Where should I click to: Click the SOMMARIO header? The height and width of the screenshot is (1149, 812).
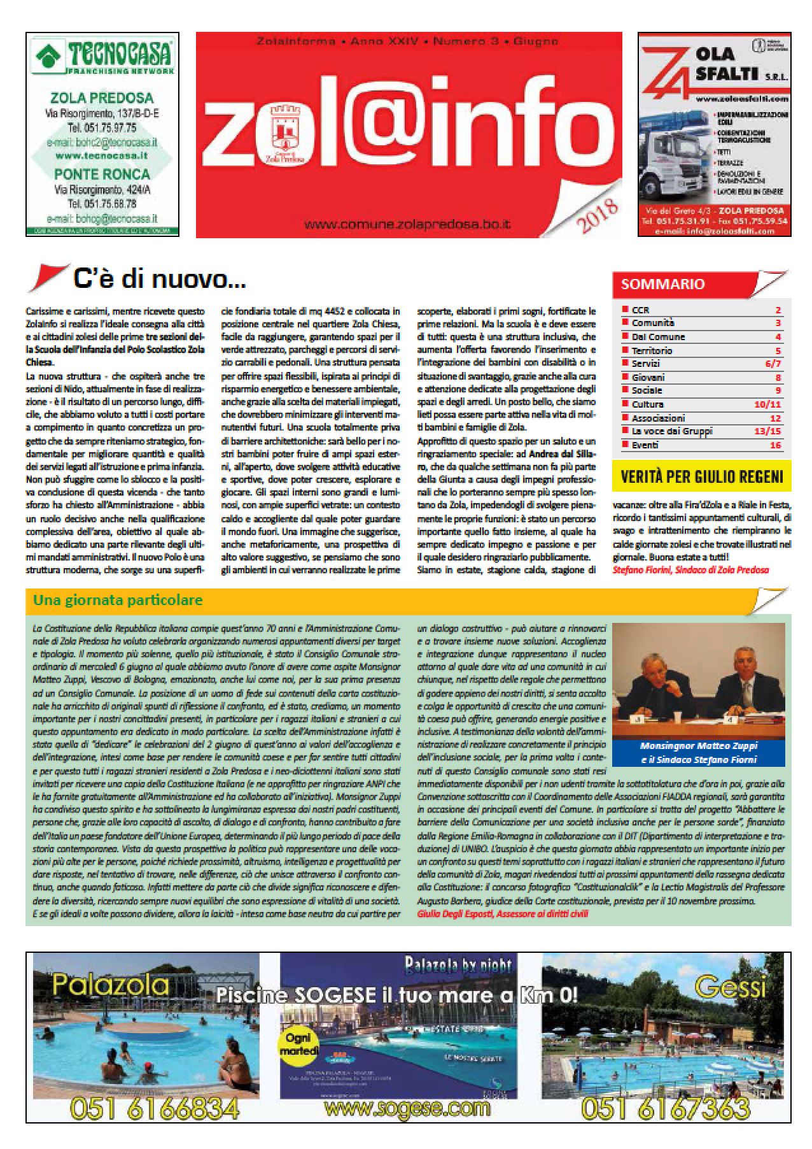tap(662, 284)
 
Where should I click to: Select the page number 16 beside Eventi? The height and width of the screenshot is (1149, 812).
tap(774, 445)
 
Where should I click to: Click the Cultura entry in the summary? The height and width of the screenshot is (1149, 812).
tap(647, 404)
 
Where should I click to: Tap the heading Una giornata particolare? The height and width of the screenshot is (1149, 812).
tap(118, 600)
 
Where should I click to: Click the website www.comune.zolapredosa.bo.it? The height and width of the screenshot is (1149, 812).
tap(408, 224)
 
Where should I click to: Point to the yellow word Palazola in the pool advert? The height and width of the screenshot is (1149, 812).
tap(111, 985)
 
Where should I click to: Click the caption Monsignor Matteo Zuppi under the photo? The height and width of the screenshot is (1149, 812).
tap(698, 746)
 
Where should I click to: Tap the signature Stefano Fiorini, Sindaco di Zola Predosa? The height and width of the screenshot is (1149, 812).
tap(690, 570)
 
